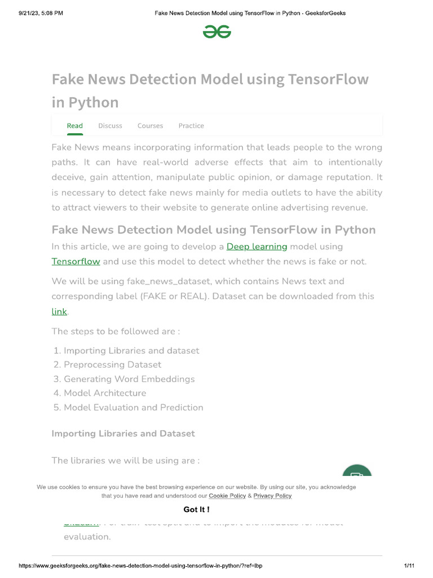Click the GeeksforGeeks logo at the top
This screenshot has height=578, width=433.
pos(217,32)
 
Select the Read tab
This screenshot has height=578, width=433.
pos(75,126)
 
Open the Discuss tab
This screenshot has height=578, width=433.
pos(110,126)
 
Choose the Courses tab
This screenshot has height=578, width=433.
pos(150,126)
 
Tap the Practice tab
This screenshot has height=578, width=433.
pos(191,126)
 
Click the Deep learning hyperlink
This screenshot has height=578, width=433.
pos(257,247)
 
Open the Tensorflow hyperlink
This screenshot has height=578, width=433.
pos(76,261)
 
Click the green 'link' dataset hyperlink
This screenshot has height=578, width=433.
pos(59,311)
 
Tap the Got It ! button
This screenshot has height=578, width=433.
pos(197,510)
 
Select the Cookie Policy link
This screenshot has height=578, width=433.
pos(227,496)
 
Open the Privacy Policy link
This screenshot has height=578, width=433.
pos(272,496)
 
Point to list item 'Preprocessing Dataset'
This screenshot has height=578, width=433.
pos(112,365)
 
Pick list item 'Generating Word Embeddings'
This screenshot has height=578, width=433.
pos(129,379)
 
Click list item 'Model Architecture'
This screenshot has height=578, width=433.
pos(105,393)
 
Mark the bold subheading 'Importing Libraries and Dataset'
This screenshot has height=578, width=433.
pos(123,433)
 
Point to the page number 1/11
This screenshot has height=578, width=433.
pos(409,566)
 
